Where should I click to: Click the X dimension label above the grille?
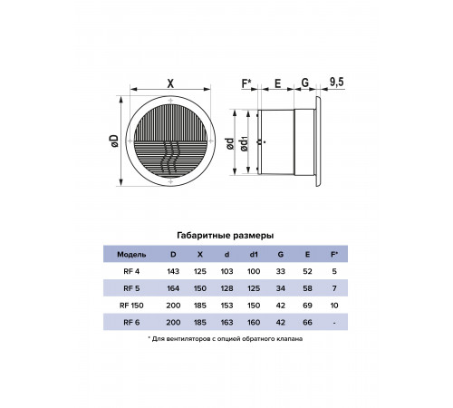click(x=170, y=83)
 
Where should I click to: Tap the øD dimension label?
click(x=114, y=141)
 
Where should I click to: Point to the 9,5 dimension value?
click(x=336, y=82)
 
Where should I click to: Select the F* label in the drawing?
click(x=246, y=83)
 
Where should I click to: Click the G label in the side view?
click(x=305, y=83)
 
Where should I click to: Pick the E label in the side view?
click(x=277, y=83)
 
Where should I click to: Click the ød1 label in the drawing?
click(x=244, y=143)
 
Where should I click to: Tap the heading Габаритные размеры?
click(x=226, y=236)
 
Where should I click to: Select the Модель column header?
click(x=131, y=255)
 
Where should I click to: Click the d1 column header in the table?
click(x=254, y=255)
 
